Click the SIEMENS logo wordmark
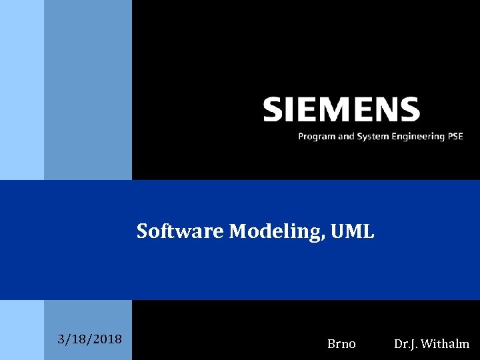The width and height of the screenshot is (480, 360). [341, 109]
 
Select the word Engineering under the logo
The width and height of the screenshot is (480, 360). [415, 137]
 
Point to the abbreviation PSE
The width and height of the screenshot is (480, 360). [455, 136]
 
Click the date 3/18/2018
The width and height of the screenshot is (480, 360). [90, 339]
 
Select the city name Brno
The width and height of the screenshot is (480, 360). [341, 344]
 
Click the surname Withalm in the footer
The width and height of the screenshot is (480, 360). [446, 344]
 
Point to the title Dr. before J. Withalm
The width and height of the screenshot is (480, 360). [401, 344]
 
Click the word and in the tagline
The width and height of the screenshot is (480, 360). [345, 137]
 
